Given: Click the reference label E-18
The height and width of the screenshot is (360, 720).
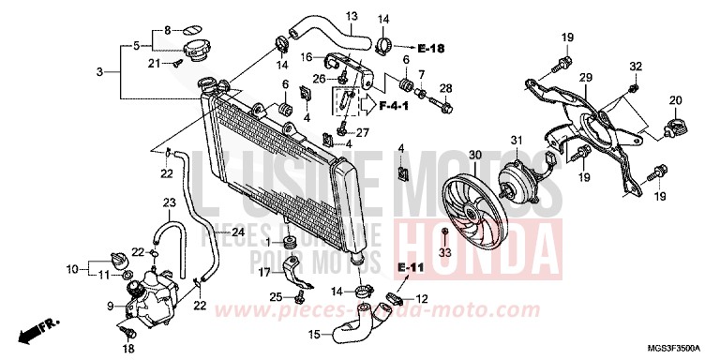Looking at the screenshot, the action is [432, 47].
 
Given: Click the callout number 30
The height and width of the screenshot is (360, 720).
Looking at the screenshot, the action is [474, 155].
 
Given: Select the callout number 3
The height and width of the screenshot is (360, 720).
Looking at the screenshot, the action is [100, 71].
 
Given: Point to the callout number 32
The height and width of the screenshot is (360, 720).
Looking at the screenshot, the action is [636, 67].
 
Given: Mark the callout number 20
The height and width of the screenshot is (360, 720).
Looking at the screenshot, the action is [675, 100].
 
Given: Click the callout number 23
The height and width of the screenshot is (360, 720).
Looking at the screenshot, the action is [170, 202].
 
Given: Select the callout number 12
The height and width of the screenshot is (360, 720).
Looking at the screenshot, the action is [423, 299].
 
